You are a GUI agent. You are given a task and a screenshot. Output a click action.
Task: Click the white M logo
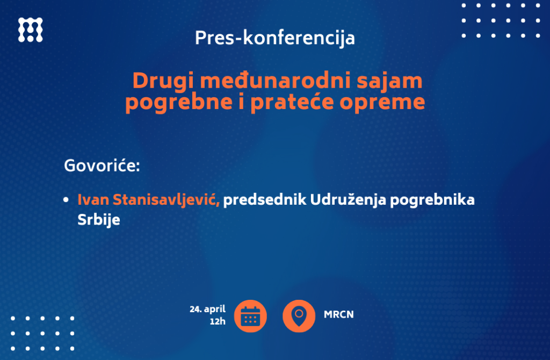click(x=31, y=30)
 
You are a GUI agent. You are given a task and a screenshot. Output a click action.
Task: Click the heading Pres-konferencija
click(x=275, y=38)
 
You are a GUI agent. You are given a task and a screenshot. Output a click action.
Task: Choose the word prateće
click(x=292, y=102)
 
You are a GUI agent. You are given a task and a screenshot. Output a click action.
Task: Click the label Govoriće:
click(x=102, y=165)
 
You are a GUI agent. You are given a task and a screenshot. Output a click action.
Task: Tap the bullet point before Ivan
click(x=66, y=200)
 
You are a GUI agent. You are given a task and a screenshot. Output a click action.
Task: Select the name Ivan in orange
click(x=93, y=200)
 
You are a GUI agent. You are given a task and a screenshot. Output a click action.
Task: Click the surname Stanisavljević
click(x=167, y=200)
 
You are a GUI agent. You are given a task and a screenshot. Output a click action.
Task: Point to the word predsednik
click(x=265, y=200)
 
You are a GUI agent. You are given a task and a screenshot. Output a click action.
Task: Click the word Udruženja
click(x=348, y=200)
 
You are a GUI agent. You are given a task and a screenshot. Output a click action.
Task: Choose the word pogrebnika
click(x=432, y=200)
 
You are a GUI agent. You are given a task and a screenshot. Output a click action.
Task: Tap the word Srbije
click(x=99, y=220)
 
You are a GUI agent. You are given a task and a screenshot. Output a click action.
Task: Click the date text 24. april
click(x=208, y=309)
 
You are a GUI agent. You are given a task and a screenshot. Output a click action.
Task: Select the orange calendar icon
click(x=250, y=316)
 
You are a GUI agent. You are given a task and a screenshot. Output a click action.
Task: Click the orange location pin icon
click(x=299, y=316)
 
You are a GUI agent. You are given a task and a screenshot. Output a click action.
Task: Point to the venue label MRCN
click(x=339, y=315)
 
